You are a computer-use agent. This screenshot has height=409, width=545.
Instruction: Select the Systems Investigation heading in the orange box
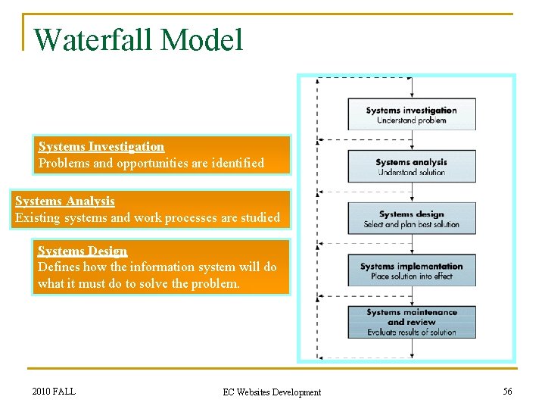101,146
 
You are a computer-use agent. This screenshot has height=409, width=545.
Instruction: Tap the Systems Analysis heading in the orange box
65,201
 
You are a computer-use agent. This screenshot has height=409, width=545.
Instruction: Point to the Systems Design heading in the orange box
83,251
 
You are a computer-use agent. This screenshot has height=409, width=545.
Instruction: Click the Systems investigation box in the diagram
412,114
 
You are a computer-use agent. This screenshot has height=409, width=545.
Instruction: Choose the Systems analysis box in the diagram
412,166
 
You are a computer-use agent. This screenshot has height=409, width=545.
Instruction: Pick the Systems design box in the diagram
412,218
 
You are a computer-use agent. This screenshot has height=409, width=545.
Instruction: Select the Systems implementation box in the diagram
412,270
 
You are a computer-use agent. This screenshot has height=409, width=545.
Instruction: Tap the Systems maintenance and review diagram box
412,322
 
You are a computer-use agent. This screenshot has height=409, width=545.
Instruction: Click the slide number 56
507,391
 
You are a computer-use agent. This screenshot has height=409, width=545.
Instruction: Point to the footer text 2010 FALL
54,391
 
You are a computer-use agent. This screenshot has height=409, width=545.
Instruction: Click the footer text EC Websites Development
272,392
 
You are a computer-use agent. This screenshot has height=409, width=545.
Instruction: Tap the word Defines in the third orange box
58,267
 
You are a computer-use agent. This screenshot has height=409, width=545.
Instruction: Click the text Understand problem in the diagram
412,120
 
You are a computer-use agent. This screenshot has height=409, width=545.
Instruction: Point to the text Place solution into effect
412,276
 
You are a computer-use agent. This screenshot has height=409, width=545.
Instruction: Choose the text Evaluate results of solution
412,332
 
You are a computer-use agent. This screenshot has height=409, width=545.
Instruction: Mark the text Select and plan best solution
412,224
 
